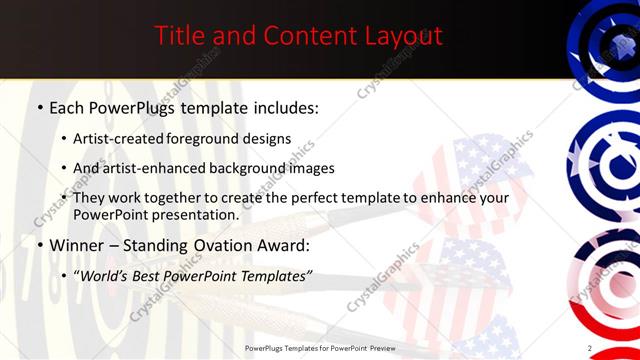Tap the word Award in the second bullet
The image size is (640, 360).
285,246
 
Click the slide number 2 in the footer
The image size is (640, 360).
590,347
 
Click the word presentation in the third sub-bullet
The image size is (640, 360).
197,214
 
